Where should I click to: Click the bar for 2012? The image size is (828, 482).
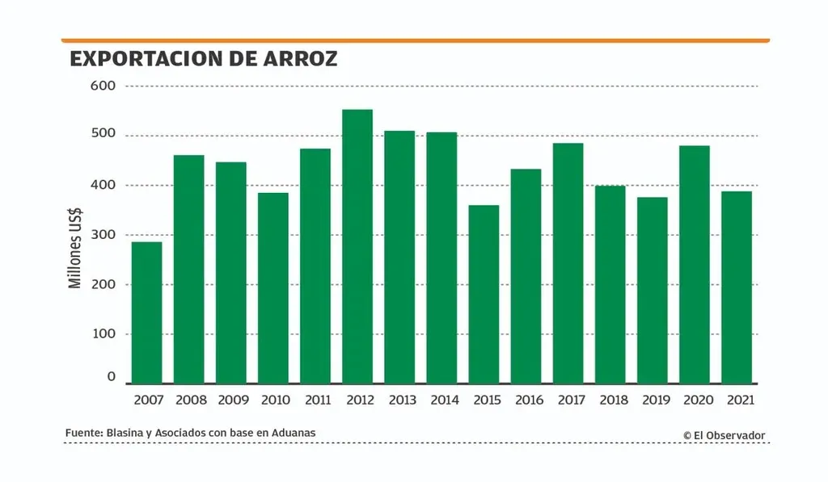pos(357,246)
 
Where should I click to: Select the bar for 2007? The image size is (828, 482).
pos(146,312)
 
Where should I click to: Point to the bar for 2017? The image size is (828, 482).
pos(568,262)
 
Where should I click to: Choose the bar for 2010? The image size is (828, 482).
pos(273,287)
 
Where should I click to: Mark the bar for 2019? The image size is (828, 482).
pos(653,290)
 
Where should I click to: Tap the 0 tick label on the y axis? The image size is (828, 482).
pos(111,377)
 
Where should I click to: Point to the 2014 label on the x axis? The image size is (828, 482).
pos(444,400)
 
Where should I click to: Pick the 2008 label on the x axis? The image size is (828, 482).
pos(191,400)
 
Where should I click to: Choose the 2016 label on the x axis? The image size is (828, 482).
pos(528,400)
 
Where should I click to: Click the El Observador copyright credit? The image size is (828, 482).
pos(724,435)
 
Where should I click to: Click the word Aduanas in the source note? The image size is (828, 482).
pos(294,433)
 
